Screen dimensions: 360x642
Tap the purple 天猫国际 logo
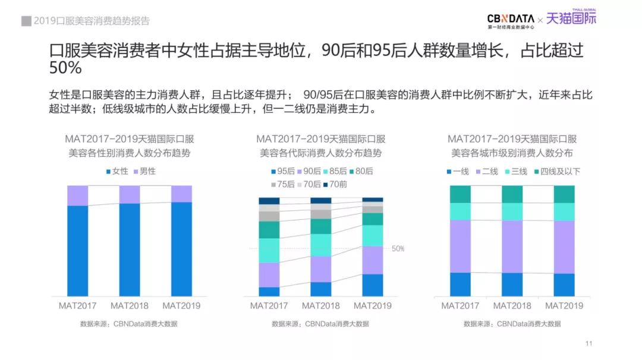click(571, 19)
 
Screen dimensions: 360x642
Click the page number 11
click(589, 343)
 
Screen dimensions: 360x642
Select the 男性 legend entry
click(144, 171)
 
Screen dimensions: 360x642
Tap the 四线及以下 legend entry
click(556, 172)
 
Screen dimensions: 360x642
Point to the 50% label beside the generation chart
click(398, 248)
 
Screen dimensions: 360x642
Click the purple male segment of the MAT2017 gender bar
click(77, 195)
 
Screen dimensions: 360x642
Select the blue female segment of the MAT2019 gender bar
click(181, 249)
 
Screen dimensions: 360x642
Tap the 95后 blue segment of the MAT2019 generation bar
click(373, 285)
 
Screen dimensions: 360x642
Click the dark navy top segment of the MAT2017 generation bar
click(269, 201)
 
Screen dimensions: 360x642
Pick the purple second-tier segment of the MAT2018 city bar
click(512, 247)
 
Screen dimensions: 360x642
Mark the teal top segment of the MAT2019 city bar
click(564, 194)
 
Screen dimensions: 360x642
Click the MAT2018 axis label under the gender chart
click(130, 306)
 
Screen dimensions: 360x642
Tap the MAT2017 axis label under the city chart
click(460, 306)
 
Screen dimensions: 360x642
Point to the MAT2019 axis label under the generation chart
click(373, 306)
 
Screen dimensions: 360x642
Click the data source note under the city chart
click(512, 324)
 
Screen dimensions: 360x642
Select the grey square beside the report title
click(26, 21)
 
